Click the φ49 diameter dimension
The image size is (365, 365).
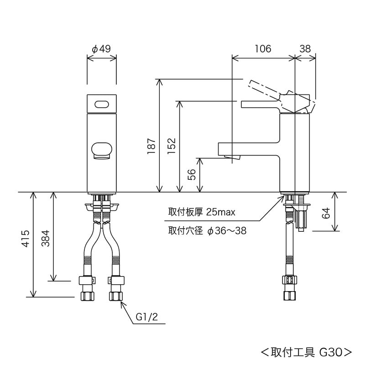pyautogui.click(x=101, y=49)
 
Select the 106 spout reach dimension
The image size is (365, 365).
pyautogui.click(x=263, y=49)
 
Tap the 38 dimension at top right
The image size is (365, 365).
pyautogui.click(x=306, y=49)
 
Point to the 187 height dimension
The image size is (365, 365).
pyautogui.click(x=152, y=147)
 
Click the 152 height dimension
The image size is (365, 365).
pyautogui.click(x=172, y=147)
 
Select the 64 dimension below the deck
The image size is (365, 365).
pyautogui.click(x=326, y=213)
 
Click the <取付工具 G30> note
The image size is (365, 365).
pyautogui.click(x=306, y=352)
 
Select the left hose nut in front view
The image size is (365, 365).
pyautogui.click(x=87, y=296)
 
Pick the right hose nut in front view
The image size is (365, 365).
pyautogui.click(x=117, y=296)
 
